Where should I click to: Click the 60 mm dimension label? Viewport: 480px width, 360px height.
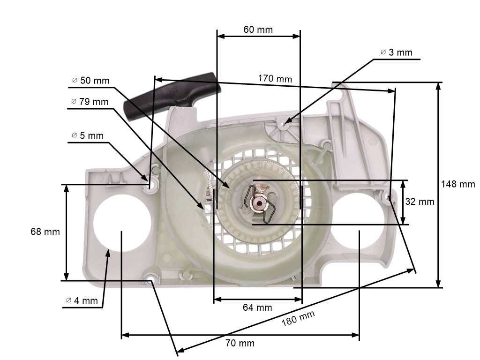pyautogui.click(x=258, y=30)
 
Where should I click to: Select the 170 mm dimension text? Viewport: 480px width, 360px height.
pyautogui.click(x=275, y=78)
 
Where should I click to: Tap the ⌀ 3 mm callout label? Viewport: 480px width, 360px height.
pyautogui.click(x=397, y=52)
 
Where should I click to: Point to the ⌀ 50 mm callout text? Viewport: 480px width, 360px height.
pyautogui.click(x=90, y=81)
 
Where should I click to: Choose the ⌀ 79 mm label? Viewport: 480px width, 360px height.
pyautogui.click(x=90, y=102)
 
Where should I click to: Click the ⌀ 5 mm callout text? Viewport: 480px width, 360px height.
pyautogui.click(x=88, y=135)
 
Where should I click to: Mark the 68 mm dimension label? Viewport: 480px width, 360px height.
pyautogui.click(x=45, y=232)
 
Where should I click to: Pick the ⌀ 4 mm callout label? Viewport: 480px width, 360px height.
pyautogui.click(x=82, y=300)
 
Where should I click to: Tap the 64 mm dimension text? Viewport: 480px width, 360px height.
pyautogui.click(x=257, y=307)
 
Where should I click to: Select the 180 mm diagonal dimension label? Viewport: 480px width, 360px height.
pyautogui.click(x=298, y=319)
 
